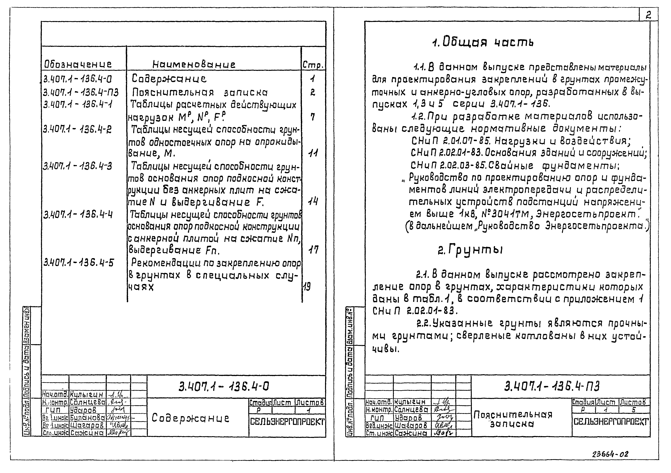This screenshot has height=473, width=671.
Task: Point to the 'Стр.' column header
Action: click(313, 65)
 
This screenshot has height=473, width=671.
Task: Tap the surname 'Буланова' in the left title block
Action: click(87, 419)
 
